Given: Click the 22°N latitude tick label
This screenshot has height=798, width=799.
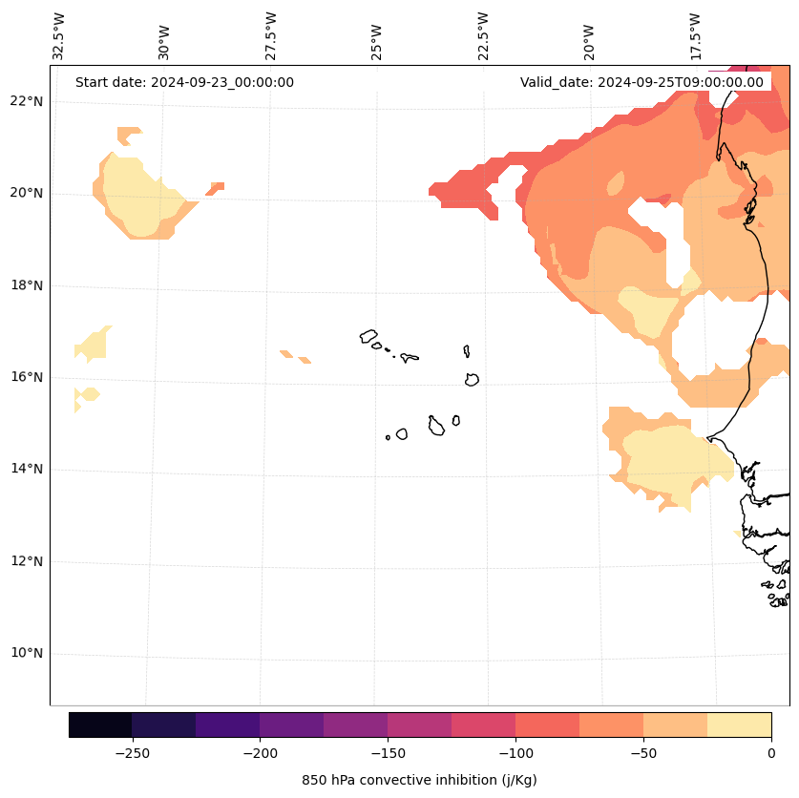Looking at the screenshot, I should pyautogui.click(x=26, y=101).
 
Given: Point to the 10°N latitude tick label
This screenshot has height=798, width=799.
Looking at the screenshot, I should pyautogui.click(x=26, y=654).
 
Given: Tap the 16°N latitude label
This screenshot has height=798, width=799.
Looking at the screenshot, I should pyautogui.click(x=26, y=377).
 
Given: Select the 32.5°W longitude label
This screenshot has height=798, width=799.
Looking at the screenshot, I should pyautogui.click(x=59, y=36).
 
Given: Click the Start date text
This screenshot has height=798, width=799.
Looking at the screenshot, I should pyautogui.click(x=184, y=82).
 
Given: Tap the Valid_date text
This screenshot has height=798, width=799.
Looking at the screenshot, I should pyautogui.click(x=641, y=82).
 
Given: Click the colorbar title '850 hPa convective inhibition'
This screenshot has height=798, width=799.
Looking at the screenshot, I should pyautogui.click(x=419, y=780).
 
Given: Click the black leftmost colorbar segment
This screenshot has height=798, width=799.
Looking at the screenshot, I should pyautogui.click(x=100, y=724).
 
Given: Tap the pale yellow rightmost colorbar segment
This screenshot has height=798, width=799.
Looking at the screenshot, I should pyautogui.click(x=739, y=724).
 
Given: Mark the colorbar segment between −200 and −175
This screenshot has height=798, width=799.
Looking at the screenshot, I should pyautogui.click(x=291, y=724).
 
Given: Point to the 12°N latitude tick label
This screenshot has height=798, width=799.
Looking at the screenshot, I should pyautogui.click(x=26, y=561).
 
